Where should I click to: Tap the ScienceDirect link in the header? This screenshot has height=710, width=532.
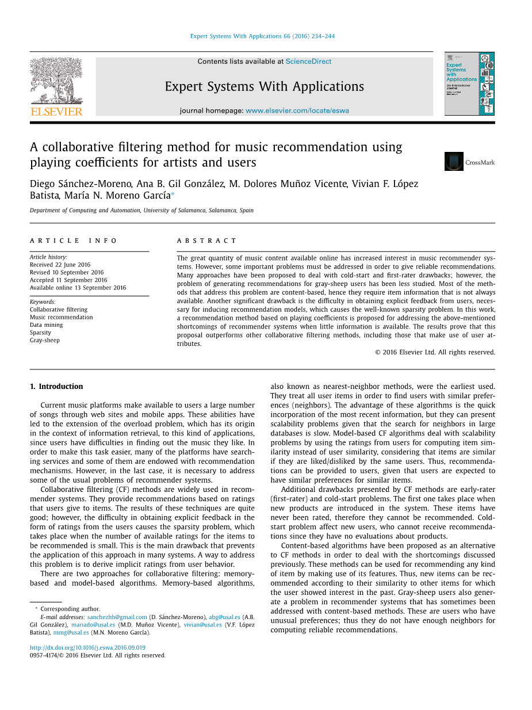coord(308,62)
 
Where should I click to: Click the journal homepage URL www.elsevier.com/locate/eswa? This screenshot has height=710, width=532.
coord(297,110)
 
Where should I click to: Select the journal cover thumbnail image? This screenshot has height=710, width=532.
coord(469,84)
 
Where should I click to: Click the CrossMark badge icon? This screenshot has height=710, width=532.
coord(454,162)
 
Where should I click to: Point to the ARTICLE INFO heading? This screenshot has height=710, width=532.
coord(74,241)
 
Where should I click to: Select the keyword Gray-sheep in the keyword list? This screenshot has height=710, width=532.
coord(45,340)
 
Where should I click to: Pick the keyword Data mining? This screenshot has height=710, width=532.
coord(47,325)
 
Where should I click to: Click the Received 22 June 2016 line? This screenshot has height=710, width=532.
coord(60,265)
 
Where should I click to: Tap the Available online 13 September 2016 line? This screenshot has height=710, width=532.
coord(78,288)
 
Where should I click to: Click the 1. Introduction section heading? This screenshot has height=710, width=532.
coord(56,386)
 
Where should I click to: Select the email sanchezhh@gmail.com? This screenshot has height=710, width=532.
coord(117,617)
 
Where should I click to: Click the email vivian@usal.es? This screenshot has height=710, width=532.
coord(202,624)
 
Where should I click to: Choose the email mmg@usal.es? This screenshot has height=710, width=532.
coord(71,632)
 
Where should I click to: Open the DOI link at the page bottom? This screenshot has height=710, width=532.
coord(87,647)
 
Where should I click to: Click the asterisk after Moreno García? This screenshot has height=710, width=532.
coord(173,194)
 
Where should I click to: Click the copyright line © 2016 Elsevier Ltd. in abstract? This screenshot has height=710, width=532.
coord(435,352)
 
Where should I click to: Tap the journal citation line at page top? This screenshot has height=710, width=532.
coord(262,36)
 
